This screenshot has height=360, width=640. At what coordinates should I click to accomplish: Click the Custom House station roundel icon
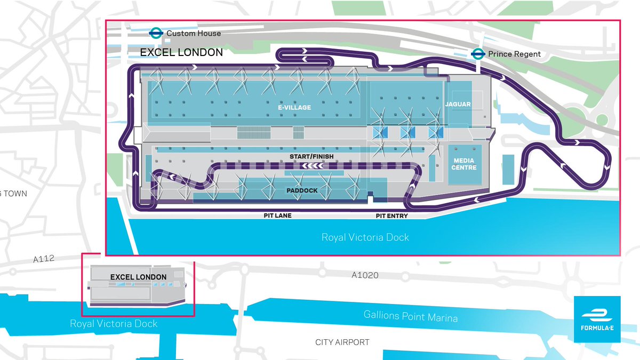156,33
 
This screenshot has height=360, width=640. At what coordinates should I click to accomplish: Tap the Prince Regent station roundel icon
478,54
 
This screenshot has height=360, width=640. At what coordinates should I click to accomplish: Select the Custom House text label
193,33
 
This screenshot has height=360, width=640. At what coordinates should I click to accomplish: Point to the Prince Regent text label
514,54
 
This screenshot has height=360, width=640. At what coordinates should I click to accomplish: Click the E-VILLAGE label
294,107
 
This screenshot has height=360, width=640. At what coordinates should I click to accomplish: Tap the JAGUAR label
458,104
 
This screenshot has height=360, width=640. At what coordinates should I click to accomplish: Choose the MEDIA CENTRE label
465,164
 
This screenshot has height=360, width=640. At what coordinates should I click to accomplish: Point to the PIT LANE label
276,216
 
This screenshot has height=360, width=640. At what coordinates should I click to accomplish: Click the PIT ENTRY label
391,216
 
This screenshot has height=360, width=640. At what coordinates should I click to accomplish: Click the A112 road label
43,260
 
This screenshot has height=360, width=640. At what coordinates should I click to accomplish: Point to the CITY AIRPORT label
342,342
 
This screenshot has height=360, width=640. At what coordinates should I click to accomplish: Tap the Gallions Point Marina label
410,316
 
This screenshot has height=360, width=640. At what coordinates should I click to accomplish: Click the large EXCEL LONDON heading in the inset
181,52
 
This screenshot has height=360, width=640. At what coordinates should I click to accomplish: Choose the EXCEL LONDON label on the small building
138,277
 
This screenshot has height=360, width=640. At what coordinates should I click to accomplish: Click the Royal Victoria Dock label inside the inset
365,237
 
